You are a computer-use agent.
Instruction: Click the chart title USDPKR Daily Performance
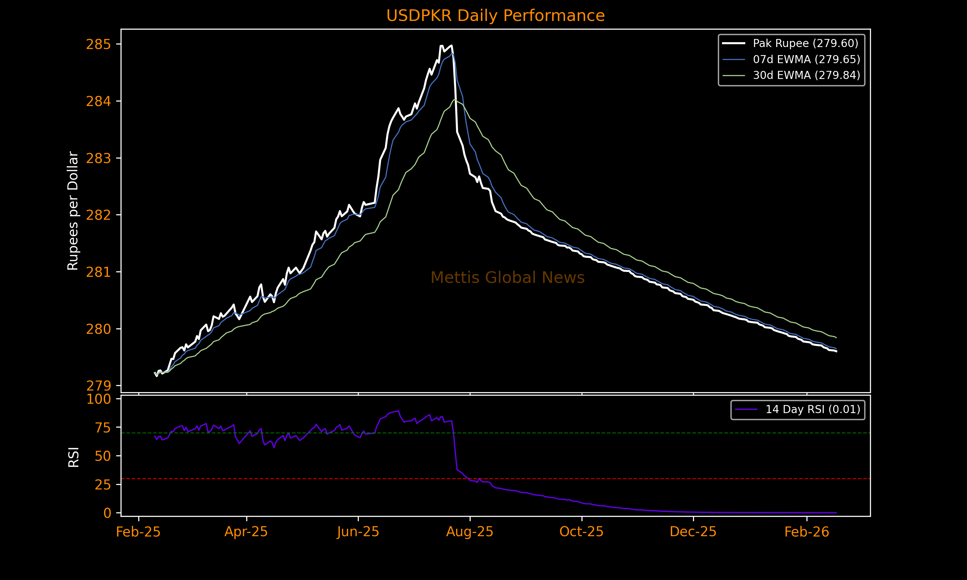[x=495, y=16]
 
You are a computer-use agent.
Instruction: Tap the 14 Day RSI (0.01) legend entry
[x=813, y=410]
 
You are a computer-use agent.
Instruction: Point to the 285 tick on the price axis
[x=99, y=44]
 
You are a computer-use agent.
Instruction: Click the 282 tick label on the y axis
[x=99, y=215]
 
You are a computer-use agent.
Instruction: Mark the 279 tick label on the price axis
[x=99, y=386]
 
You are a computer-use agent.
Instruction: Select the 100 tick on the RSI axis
[x=99, y=399]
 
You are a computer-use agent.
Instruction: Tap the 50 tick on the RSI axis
[x=103, y=456]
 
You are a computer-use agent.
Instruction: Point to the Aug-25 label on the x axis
[x=470, y=532]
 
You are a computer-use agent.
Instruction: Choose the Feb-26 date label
[x=807, y=532]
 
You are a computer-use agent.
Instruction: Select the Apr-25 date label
[x=246, y=532]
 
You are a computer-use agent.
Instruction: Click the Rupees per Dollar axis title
[x=73, y=211]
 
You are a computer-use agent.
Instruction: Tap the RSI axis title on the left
[x=73, y=457]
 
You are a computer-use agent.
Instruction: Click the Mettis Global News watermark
[x=507, y=278]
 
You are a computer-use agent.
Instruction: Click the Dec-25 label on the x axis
[x=693, y=532]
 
